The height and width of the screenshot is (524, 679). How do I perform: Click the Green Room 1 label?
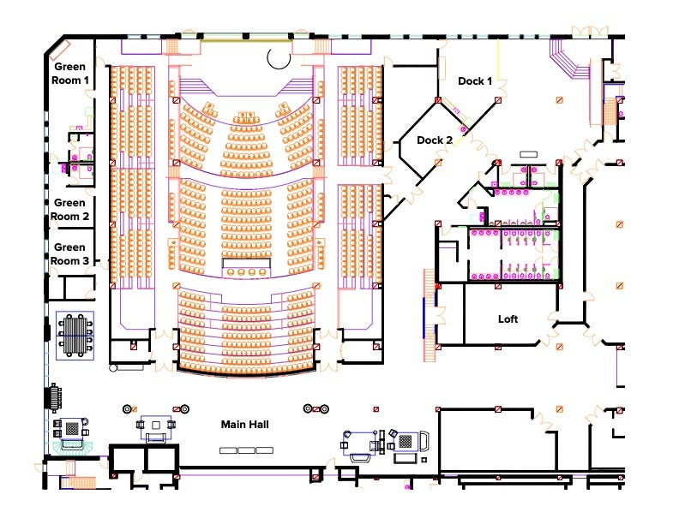point(71,73)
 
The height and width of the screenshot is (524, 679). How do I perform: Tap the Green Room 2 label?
point(69,210)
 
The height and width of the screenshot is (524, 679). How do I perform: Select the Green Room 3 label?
point(69,253)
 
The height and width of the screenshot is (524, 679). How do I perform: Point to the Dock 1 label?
point(475,81)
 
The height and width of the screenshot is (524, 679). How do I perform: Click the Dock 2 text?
point(435,140)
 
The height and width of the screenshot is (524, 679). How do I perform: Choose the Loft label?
point(508,319)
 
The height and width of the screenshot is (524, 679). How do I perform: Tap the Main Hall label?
point(246,425)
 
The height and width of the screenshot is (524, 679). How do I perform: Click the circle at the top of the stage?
point(279,57)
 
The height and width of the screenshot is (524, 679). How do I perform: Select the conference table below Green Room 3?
point(75,335)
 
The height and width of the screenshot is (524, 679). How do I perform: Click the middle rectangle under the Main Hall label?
point(247,450)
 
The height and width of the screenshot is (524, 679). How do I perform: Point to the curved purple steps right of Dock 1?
point(568,62)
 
